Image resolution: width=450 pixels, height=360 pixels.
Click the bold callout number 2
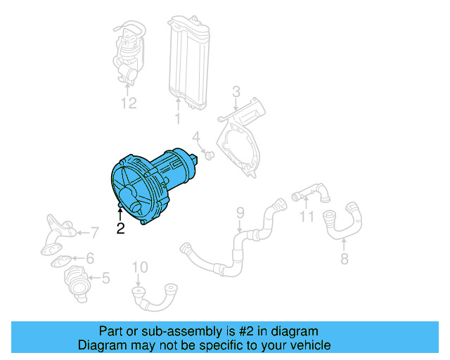point(120,228)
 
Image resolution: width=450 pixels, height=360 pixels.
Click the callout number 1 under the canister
point(178,120)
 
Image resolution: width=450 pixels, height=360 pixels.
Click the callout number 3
point(236,91)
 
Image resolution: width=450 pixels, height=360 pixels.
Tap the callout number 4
point(197,136)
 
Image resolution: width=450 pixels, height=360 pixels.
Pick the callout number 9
point(239,212)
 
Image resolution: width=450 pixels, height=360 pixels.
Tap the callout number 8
point(344,259)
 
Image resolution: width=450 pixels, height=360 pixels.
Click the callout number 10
point(140,266)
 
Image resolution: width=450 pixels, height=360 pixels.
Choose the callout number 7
point(94,231)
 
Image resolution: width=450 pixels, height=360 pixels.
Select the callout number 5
point(105,278)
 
